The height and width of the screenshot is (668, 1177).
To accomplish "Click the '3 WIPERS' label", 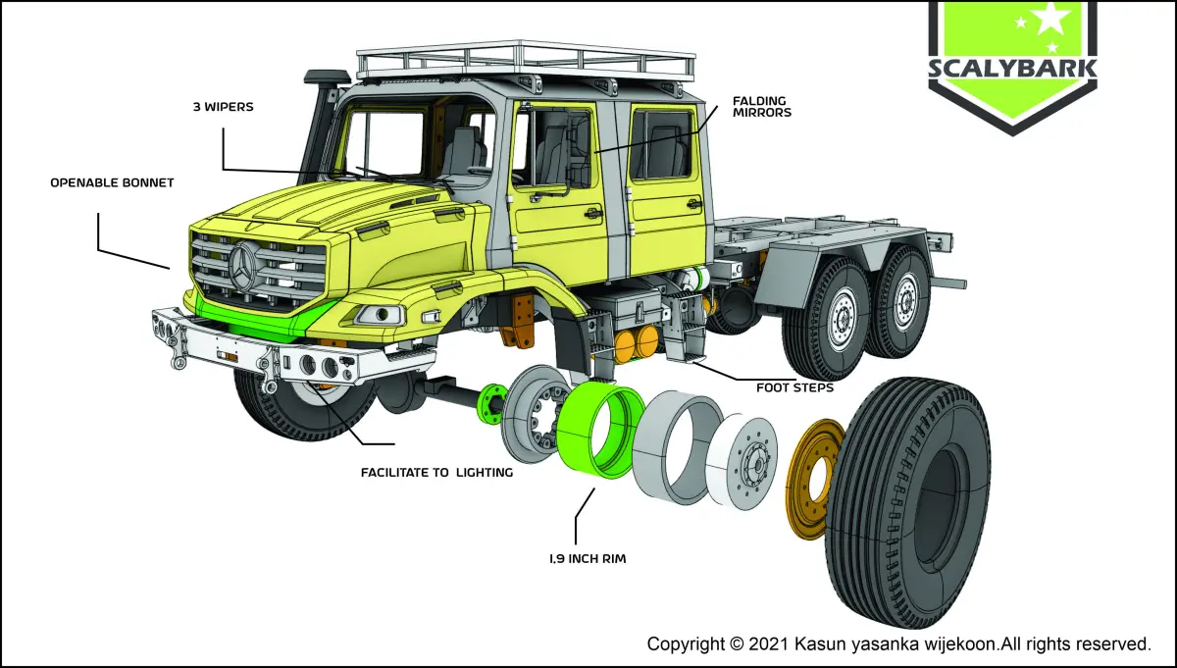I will click(223, 107).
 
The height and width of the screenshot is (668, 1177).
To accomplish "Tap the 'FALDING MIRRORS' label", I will click(762, 106).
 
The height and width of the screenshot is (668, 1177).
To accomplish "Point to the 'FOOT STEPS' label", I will click(794, 387).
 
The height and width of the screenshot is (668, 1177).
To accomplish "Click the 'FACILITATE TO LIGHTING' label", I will click(436, 472).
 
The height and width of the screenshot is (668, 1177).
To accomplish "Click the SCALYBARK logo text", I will click(1012, 71).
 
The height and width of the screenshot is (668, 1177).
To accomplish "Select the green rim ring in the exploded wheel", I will click(601, 430).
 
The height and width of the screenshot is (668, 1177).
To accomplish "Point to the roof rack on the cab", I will click(526, 61).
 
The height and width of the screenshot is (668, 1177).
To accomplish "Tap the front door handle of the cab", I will click(590, 212).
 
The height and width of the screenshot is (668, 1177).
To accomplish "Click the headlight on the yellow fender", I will click(380, 314).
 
